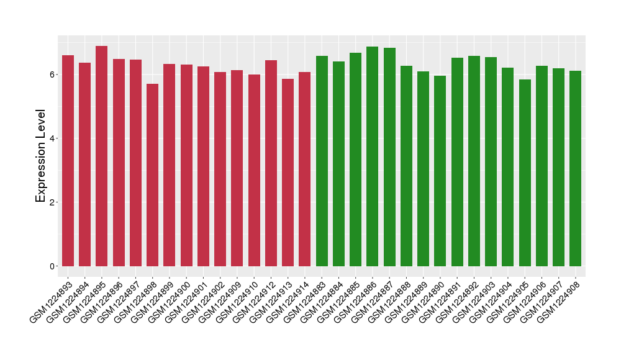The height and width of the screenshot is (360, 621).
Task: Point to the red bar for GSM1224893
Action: (x=68, y=161)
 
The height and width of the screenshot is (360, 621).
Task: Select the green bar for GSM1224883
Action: (x=322, y=161)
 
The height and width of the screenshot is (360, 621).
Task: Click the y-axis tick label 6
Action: (x=54, y=74)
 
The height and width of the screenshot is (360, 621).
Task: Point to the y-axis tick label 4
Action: (x=54, y=138)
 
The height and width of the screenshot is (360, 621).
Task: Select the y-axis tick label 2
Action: (x=54, y=202)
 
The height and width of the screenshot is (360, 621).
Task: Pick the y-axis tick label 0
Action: (x=54, y=266)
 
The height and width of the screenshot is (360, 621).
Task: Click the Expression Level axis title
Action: (x=40, y=156)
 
